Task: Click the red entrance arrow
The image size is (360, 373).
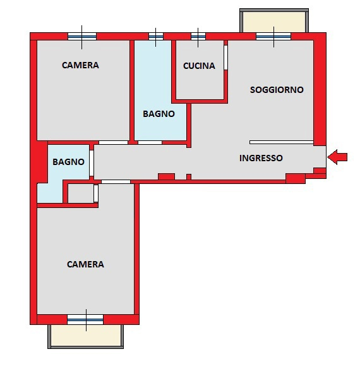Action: click(x=337, y=157)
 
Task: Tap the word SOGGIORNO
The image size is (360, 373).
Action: click(x=277, y=90)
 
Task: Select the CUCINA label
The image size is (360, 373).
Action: click(x=199, y=66)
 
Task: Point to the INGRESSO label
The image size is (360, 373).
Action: click(x=261, y=158)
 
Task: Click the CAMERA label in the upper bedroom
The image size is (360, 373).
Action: click(x=80, y=65)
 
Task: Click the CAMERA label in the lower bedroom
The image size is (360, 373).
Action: click(x=85, y=264)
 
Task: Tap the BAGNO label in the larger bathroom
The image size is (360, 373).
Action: click(x=159, y=114)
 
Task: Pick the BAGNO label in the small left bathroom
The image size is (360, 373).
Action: click(x=68, y=162)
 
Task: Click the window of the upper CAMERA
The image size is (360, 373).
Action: click(x=82, y=37)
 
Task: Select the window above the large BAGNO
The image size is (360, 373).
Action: click(x=156, y=37)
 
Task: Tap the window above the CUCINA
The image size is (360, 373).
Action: click(x=198, y=37)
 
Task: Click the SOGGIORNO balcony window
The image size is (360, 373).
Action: click(x=273, y=37)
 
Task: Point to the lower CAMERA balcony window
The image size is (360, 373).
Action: click(x=85, y=319)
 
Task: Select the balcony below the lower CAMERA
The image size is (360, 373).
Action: click(x=86, y=336)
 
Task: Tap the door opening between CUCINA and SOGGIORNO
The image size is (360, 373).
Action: click(x=225, y=58)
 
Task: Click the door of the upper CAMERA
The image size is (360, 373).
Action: click(x=113, y=142)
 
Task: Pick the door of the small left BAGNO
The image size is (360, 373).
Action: click(x=92, y=163)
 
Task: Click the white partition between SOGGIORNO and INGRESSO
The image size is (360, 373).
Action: click(x=282, y=142)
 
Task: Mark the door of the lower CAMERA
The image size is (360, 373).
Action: click(x=116, y=181)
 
